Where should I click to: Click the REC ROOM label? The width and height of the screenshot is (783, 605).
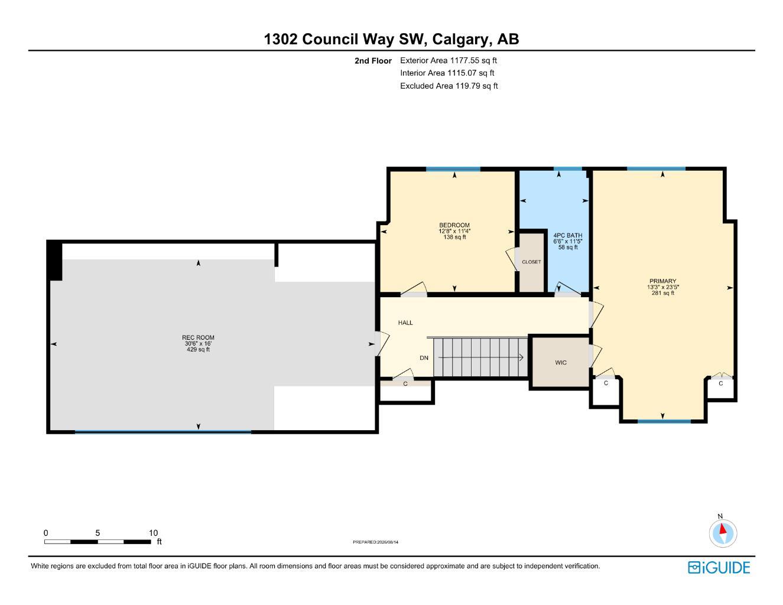coord(198,337)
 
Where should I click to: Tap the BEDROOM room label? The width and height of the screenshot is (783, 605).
coord(454,225)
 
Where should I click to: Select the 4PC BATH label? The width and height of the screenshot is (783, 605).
coord(567,235)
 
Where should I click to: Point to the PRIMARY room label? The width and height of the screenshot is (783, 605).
coord(662,281)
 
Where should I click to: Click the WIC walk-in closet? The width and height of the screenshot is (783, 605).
coord(561,362)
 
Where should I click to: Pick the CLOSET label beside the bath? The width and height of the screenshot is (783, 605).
coord(531,262)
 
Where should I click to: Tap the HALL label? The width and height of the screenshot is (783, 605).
coord(405,323)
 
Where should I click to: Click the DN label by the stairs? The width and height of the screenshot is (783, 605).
coord(424,357)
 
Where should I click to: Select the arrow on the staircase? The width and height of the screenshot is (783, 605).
coord(480,357)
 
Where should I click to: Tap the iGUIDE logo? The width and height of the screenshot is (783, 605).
coord(719,568)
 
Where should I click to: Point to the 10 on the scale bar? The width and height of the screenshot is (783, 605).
coord(153,533)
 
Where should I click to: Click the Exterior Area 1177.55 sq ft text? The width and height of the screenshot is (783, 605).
coord(449,60)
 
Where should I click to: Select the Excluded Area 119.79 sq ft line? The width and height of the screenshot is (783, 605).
coord(449,86)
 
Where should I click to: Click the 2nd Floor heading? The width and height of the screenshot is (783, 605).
coord(373,61)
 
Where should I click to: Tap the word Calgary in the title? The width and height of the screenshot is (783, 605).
coord(462,40)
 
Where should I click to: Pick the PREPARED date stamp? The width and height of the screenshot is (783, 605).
coord(375,542)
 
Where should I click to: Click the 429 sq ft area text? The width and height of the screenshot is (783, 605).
coord(198,349)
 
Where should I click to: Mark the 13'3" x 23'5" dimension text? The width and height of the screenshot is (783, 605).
coord(662,287)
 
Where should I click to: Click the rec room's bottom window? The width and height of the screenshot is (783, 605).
coord(163,431)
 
